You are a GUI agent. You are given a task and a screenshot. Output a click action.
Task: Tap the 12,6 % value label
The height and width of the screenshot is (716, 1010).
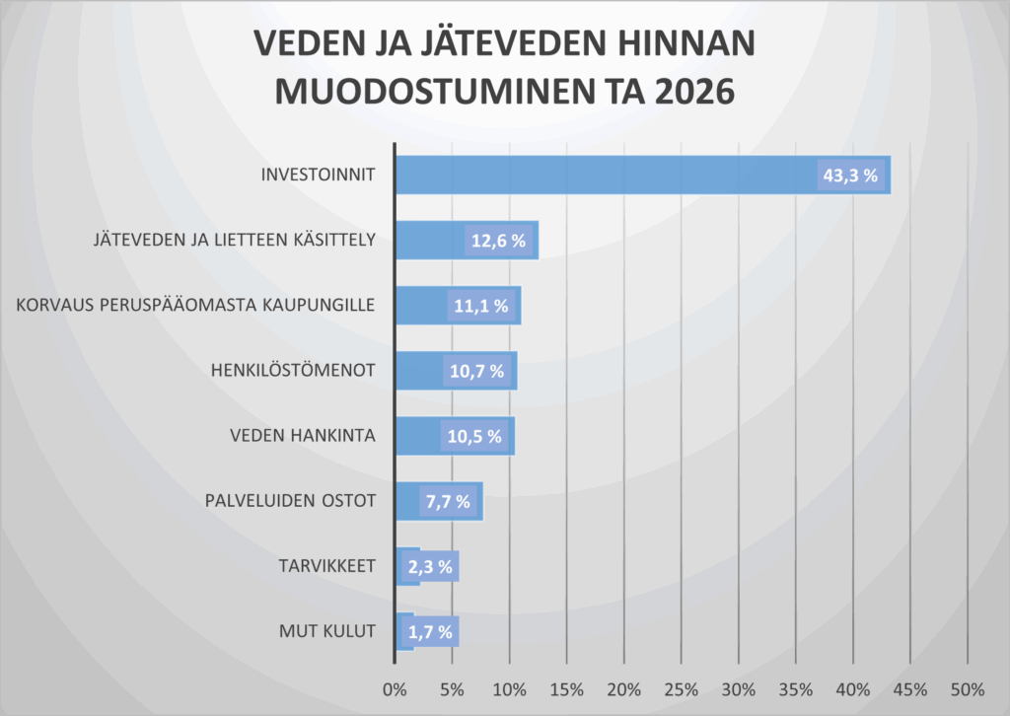498,241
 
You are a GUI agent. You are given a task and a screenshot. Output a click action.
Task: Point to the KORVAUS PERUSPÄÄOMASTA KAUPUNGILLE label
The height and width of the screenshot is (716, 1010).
195,305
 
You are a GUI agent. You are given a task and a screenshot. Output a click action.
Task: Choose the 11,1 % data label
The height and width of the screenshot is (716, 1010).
481,306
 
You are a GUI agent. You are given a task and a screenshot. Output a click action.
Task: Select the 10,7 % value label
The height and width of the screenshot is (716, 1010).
477,371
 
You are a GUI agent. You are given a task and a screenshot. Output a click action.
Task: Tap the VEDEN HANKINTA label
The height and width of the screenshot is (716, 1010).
302,435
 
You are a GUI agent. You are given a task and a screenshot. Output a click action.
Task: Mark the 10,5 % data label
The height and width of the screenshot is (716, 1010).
475,436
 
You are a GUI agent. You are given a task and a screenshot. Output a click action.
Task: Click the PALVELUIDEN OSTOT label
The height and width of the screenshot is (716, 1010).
290,500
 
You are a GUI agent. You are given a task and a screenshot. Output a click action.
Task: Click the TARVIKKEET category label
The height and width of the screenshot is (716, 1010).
325,565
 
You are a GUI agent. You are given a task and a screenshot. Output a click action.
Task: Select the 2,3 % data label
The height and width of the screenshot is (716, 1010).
429,566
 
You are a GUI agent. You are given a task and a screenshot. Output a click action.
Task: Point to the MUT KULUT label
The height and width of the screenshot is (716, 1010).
326,630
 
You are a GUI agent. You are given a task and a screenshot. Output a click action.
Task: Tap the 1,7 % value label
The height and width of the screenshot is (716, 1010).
429,631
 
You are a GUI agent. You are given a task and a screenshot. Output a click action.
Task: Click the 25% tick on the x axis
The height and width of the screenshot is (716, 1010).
682,687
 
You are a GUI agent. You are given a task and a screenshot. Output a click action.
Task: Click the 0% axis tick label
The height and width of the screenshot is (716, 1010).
395,687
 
